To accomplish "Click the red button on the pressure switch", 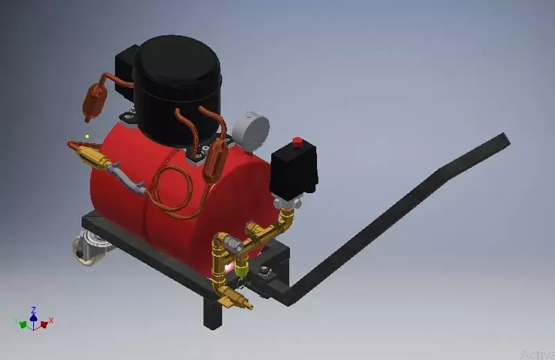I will point(298,142).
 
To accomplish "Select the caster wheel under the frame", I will point(89,249).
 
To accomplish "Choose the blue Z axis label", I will point(33,310).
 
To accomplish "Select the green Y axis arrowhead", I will point(23,324).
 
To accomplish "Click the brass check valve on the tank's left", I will point(93,157).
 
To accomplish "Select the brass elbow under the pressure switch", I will point(284,222).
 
